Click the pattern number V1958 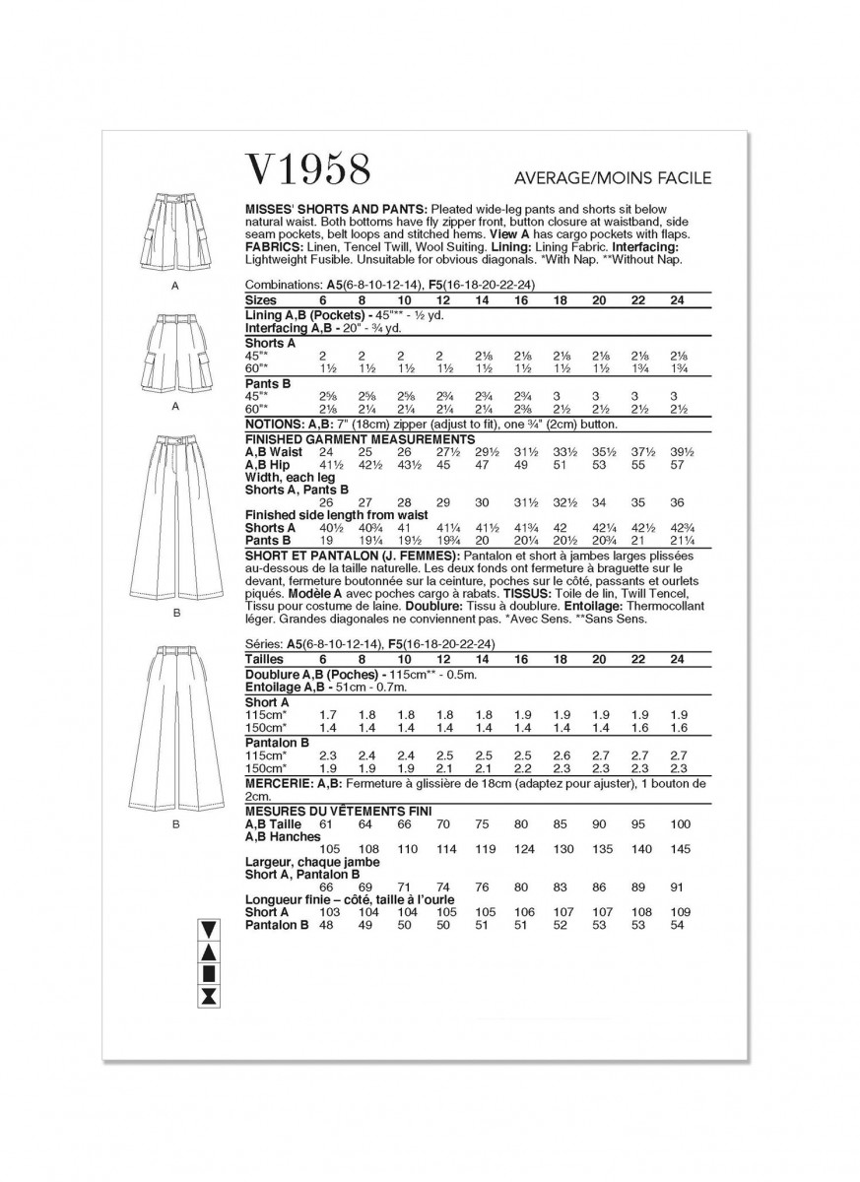307,170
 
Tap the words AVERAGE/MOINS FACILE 612,178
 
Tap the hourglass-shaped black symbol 208,999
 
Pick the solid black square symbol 208,975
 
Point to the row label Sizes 261,299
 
